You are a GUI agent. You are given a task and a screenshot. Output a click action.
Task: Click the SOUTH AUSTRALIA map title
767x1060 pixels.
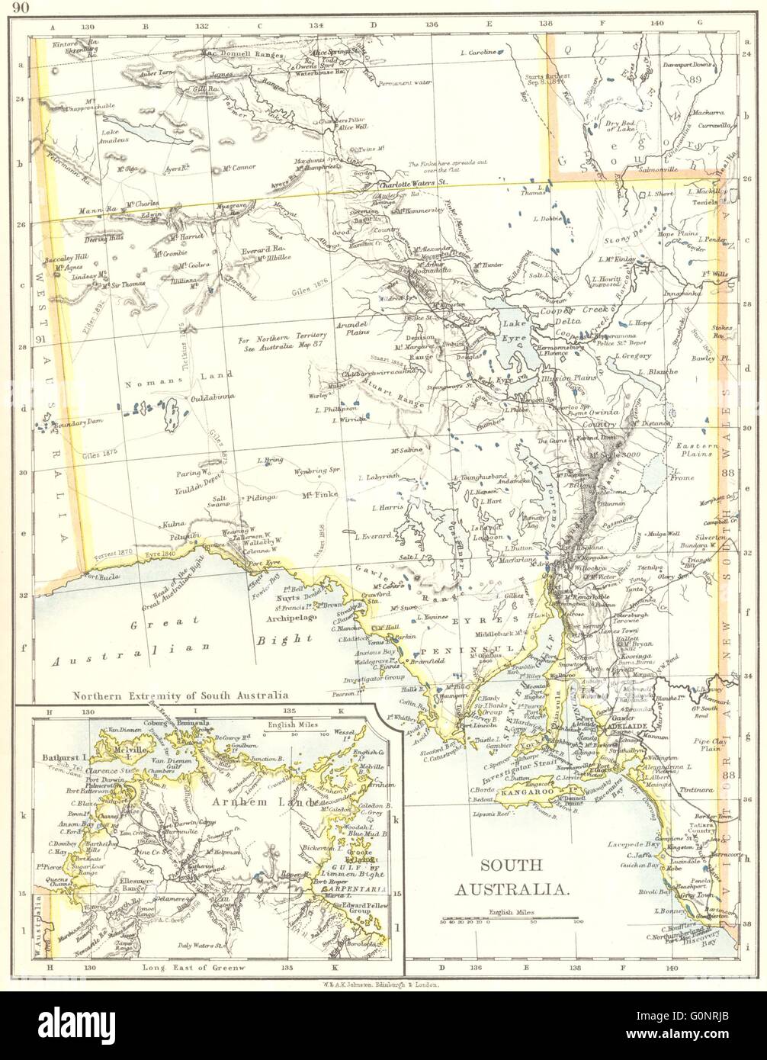510,877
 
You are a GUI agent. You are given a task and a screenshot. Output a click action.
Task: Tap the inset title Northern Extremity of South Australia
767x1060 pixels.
180,695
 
